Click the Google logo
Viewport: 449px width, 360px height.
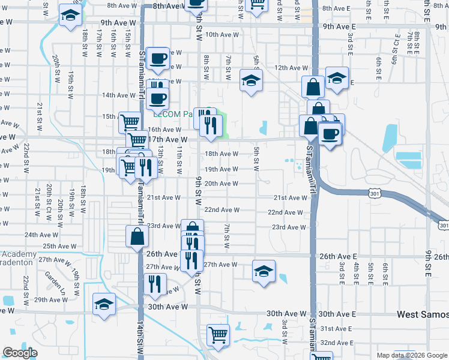click(x=20, y=353)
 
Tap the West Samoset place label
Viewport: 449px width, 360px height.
click(x=423, y=314)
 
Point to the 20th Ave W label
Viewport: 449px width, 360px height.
click(x=222, y=184)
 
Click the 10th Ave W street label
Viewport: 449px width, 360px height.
click(x=222, y=35)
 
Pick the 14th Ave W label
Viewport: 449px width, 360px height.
click(x=119, y=95)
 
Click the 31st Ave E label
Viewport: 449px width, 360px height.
click(x=336, y=329)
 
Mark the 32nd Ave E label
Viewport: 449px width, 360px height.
click(x=336, y=343)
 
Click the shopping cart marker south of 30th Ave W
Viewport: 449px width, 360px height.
click(x=218, y=335)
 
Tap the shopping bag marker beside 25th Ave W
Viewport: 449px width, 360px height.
click(x=137, y=236)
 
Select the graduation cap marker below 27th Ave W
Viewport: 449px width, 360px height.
click(x=264, y=271)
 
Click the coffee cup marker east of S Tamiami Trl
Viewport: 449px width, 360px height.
click(x=330, y=133)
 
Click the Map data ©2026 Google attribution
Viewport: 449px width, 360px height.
click(x=412, y=355)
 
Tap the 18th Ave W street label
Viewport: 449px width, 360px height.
click(x=222, y=154)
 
